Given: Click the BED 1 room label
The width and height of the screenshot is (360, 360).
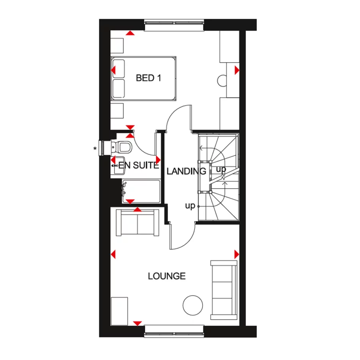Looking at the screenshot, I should pyautogui.click(x=148, y=78).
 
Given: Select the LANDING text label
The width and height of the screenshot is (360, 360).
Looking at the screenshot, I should pyautogui.click(x=186, y=172).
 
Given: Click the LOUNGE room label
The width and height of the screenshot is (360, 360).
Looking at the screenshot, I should pyautogui.click(x=166, y=276).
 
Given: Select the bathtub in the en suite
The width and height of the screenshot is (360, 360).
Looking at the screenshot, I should pyautogui.click(x=141, y=191).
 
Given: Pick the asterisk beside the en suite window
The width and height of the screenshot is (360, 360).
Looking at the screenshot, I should pyautogui.click(x=95, y=149).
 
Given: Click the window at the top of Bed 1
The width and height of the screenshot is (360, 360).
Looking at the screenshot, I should pyautogui.click(x=174, y=26).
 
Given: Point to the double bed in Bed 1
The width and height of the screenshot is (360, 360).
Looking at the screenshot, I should pyautogui.click(x=144, y=78).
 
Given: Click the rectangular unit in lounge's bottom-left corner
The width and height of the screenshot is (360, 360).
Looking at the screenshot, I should pyautogui.click(x=119, y=311).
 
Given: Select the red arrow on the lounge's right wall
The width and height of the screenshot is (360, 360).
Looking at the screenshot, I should pyautogui.click(x=236, y=254).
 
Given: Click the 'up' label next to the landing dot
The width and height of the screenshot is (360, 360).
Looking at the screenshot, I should pyautogui.click(x=190, y=206).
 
